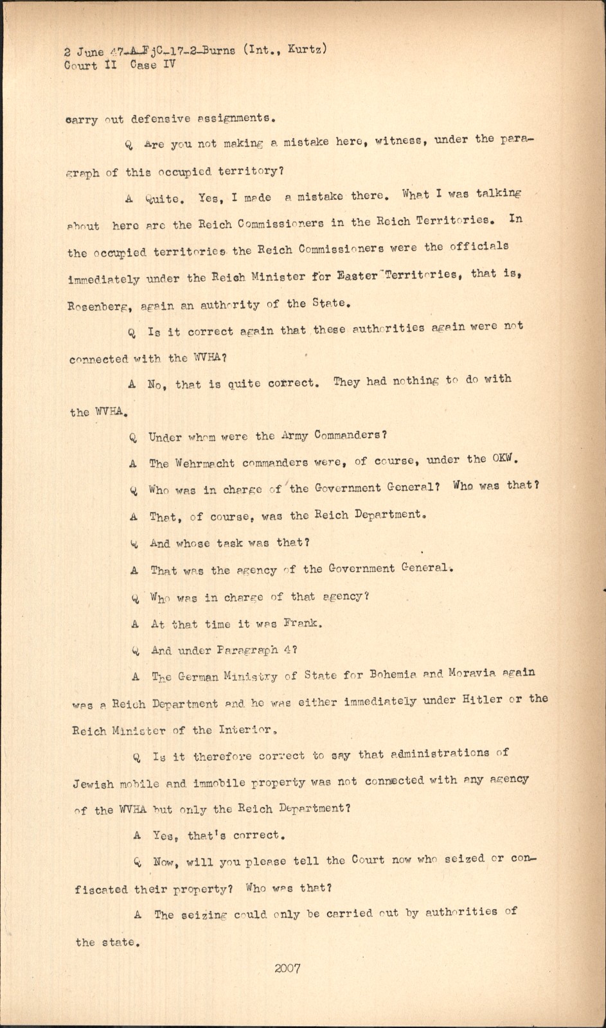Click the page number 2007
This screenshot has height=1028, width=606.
(287, 968)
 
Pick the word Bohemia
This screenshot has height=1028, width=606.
(393, 675)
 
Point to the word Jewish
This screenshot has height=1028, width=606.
(94, 784)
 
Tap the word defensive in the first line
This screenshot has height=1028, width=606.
(161, 119)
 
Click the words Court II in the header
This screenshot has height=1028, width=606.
(91, 65)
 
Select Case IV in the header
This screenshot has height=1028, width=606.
(153, 64)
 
